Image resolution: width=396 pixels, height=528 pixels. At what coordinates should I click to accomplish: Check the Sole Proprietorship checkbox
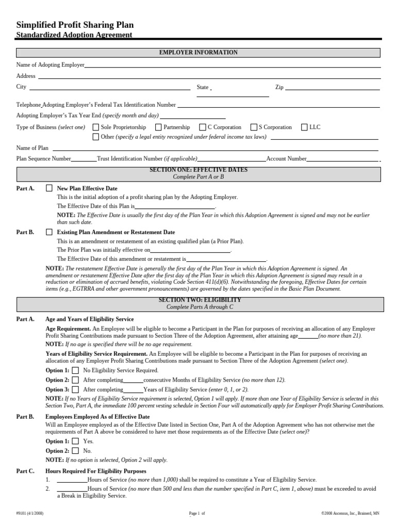tap(96, 127)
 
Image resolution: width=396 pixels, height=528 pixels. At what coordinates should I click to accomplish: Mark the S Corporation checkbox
tap(254, 127)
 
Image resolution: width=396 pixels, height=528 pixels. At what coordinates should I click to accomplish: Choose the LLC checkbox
tap(304, 127)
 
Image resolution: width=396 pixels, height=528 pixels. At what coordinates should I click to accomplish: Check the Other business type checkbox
tap(96, 137)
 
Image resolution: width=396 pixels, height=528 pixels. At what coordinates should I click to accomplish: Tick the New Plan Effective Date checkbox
tap(49, 189)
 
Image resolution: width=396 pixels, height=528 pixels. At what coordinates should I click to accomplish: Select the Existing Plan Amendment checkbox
tap(49, 233)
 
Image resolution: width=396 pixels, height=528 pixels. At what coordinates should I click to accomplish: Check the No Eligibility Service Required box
tap(75, 370)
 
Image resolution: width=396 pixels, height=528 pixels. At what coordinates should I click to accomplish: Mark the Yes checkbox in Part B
tap(75, 441)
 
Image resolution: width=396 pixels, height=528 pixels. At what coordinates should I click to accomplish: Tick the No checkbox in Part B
tap(75, 451)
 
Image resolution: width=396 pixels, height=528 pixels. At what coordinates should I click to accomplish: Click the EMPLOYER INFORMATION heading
tap(199, 53)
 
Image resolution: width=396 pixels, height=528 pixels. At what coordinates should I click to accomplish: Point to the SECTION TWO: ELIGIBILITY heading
tap(199, 300)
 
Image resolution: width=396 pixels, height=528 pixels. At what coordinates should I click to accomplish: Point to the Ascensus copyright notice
tap(350, 514)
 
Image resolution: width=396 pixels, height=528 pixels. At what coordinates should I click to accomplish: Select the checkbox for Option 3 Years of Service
tap(75, 389)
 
